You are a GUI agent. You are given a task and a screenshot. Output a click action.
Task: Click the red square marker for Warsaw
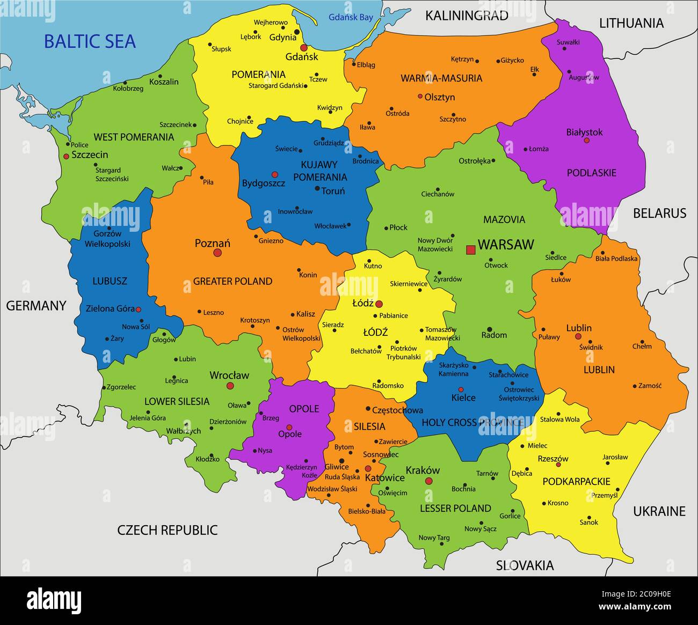click(471, 249)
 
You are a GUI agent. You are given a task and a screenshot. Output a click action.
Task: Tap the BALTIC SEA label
click(90, 42)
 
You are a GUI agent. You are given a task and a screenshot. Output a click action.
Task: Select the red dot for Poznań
click(217, 253)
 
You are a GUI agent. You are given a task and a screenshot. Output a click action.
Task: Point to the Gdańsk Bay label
click(351, 17)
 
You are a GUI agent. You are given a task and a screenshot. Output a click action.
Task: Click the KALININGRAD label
click(466, 16)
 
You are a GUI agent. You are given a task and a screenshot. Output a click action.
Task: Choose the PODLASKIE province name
click(591, 173)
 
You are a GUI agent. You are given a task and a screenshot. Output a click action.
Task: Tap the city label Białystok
click(584, 132)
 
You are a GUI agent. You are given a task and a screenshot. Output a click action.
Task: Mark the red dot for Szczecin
click(66, 156)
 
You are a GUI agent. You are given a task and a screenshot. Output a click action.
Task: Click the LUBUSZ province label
click(110, 281)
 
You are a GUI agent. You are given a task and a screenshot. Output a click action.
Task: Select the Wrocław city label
click(229, 375)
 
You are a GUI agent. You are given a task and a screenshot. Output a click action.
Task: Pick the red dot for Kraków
click(428, 481)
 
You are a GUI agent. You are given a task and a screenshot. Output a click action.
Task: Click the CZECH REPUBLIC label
click(168, 530)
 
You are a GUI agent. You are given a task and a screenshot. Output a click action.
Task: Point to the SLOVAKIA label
click(525, 565)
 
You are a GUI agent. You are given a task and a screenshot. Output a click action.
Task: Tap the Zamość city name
click(650, 385)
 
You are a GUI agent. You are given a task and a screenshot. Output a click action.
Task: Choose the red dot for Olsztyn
click(420, 97)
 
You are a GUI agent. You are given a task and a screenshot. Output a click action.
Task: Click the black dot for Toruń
click(317, 188)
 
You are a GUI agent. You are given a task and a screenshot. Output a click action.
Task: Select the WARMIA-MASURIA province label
click(441, 78)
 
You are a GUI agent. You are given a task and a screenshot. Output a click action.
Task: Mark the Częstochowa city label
click(397, 410)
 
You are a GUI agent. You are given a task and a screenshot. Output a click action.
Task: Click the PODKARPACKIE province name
click(576, 481)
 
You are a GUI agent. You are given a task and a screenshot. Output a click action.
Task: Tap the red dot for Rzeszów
click(558, 465)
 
